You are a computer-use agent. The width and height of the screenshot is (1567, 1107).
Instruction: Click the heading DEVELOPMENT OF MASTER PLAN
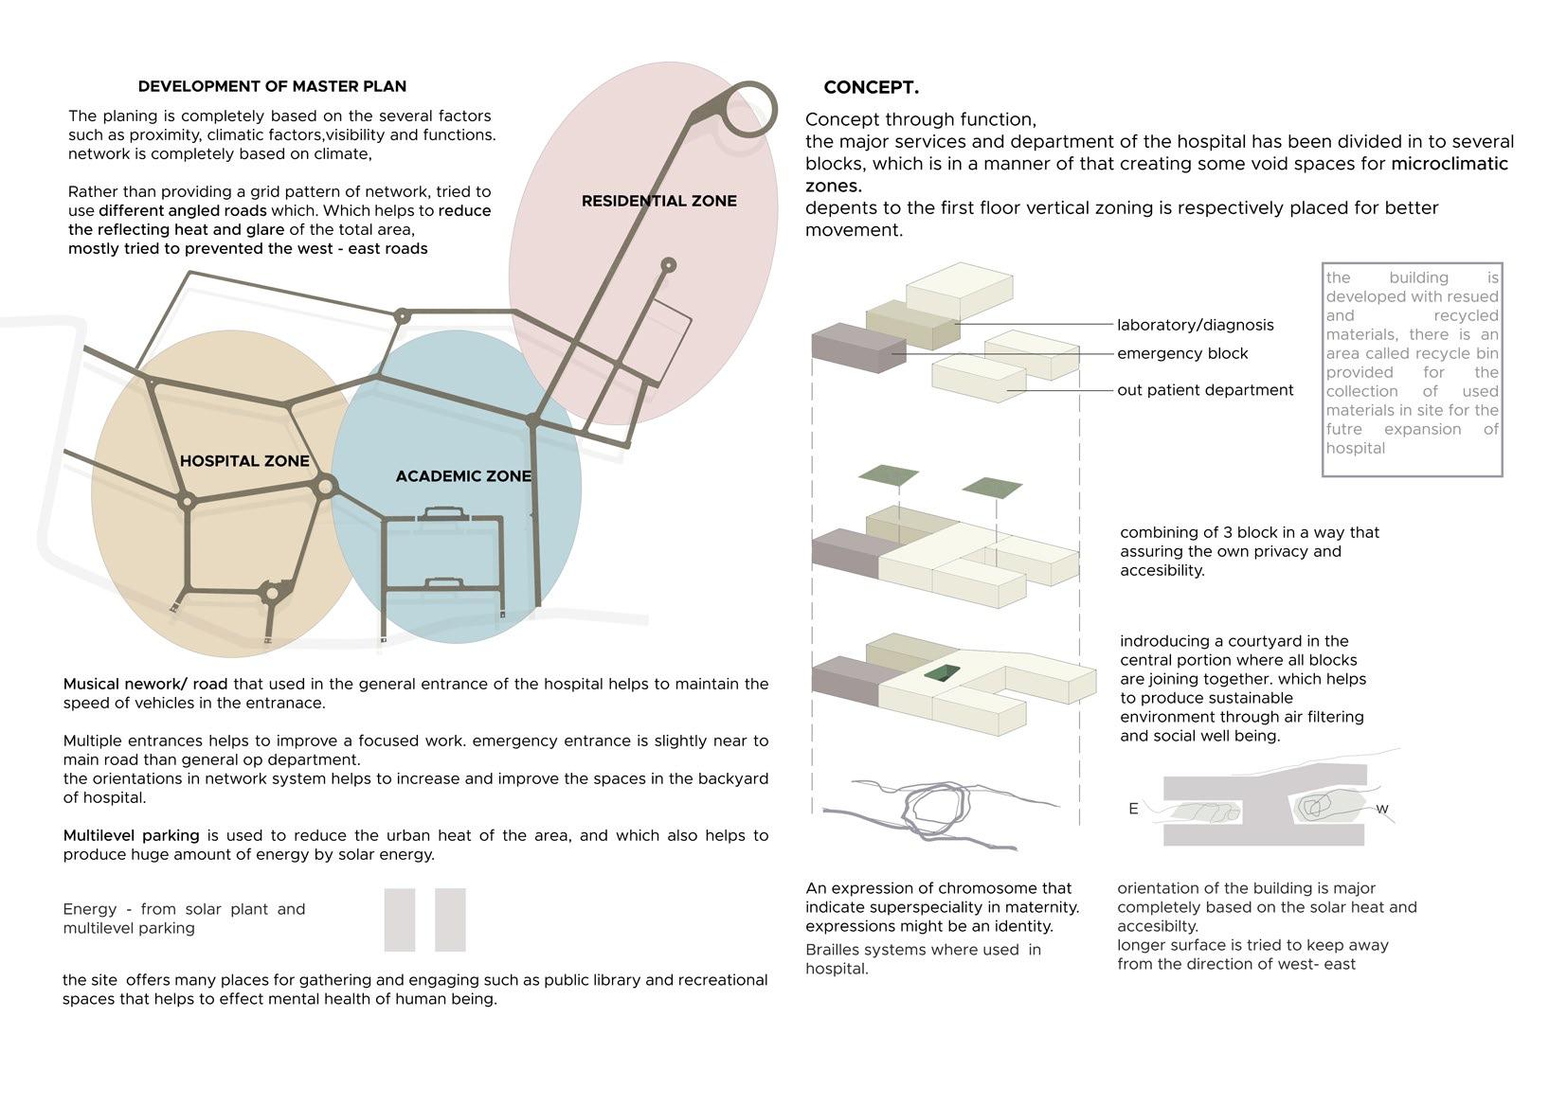coord(272,86)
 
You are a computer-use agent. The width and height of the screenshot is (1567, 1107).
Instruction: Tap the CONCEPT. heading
coord(871,87)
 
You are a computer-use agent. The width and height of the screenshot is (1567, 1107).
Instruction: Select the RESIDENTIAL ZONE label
coord(658,201)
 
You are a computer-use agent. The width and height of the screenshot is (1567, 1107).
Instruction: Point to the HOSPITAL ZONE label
coord(244,461)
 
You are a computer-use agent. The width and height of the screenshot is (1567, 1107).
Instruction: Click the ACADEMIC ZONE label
coord(463,475)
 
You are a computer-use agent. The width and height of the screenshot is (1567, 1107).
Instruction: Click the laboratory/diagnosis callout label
coord(1195,325)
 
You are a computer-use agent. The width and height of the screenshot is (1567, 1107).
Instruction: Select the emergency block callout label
coord(1182,353)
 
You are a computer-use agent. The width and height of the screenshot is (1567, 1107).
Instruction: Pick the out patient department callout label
coord(1205,390)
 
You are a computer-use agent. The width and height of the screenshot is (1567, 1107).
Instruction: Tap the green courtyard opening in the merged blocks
coord(942,672)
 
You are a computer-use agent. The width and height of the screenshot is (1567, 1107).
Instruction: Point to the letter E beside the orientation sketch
coord(1133,809)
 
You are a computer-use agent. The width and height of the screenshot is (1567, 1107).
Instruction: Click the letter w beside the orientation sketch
coord(1382,809)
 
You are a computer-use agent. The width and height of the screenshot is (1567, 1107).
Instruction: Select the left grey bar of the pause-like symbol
coord(400,920)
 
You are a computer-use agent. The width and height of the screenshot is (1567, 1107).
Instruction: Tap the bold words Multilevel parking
coord(131,835)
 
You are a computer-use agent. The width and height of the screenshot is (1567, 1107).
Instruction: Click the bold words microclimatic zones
coord(1449,164)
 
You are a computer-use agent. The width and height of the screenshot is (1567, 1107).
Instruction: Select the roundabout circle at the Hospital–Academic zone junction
coord(325,487)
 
